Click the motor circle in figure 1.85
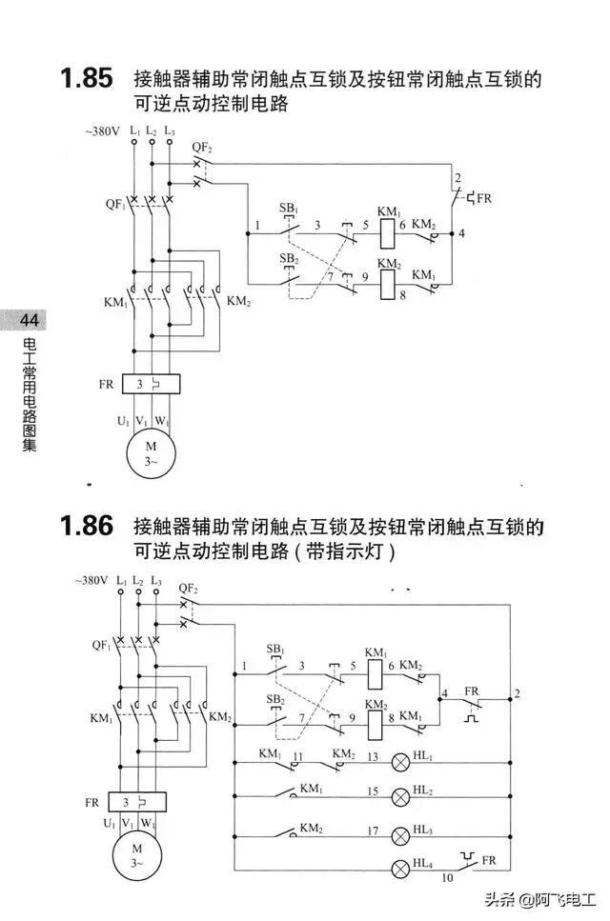click(150, 452)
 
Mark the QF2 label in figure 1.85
click(202, 147)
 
